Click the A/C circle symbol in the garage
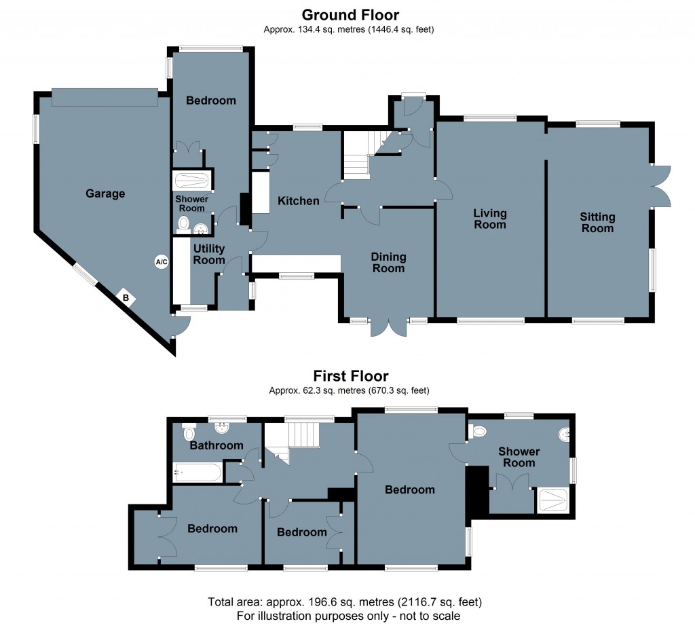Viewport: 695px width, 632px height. [161, 262]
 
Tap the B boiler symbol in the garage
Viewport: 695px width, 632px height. [126, 297]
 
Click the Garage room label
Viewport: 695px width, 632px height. [105, 193]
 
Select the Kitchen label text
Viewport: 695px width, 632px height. [298, 201]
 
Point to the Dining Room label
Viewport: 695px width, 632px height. [388, 262]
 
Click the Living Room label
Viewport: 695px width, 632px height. [490, 219]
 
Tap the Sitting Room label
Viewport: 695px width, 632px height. [597, 222]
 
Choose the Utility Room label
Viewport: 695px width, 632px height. [208, 255]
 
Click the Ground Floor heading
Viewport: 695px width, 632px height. [350, 14]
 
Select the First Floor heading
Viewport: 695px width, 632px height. [350, 375]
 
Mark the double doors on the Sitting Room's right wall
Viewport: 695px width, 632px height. [660, 185]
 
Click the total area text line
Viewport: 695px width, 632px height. [347, 602]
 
